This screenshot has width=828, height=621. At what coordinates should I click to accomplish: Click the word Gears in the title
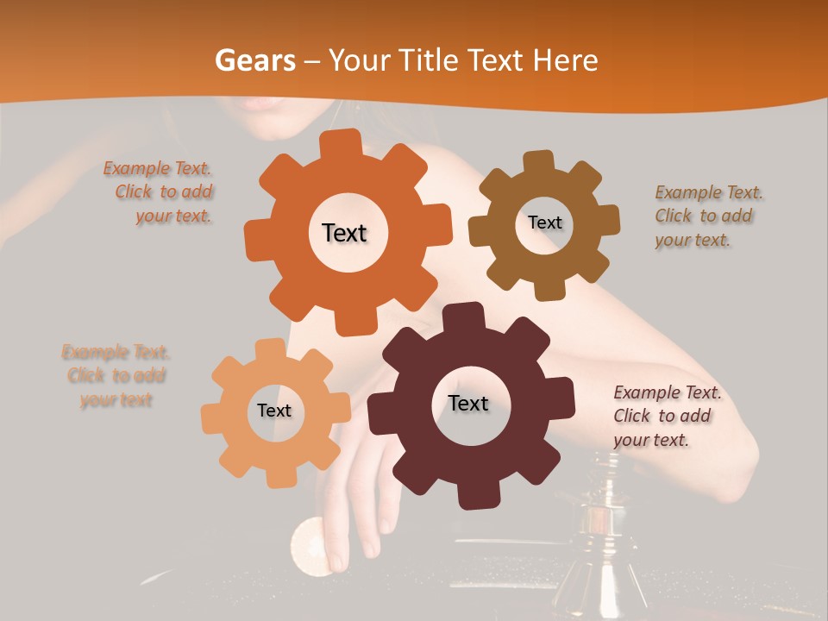tap(251, 60)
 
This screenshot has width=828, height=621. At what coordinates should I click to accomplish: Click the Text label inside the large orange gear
tap(344, 233)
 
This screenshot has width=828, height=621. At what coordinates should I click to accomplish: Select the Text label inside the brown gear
tap(544, 223)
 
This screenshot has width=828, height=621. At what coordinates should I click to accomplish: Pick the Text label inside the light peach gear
tap(273, 411)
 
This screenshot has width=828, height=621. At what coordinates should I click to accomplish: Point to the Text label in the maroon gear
tap(467, 403)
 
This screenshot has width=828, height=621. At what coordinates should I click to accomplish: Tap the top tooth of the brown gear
tap(539, 162)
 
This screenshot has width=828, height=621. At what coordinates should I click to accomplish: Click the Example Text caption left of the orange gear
tap(160, 192)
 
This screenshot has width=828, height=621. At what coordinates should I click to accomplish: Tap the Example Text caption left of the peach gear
tap(116, 375)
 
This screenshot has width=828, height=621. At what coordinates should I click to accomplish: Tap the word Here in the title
tap(567, 60)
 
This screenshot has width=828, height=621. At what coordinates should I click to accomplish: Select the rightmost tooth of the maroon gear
tap(564, 405)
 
